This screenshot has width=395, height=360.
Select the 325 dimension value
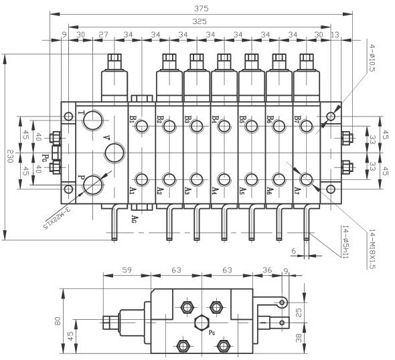199,21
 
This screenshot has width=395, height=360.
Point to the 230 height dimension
10,156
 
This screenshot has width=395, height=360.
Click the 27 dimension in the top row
103,34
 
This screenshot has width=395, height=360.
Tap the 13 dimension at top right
335,34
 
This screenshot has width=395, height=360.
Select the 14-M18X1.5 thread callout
372,249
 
